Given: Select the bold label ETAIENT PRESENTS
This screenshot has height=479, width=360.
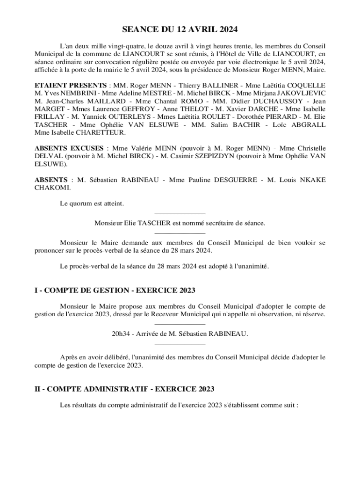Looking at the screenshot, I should (x=71, y=86).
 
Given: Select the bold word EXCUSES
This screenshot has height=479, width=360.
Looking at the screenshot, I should (x=87, y=148).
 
